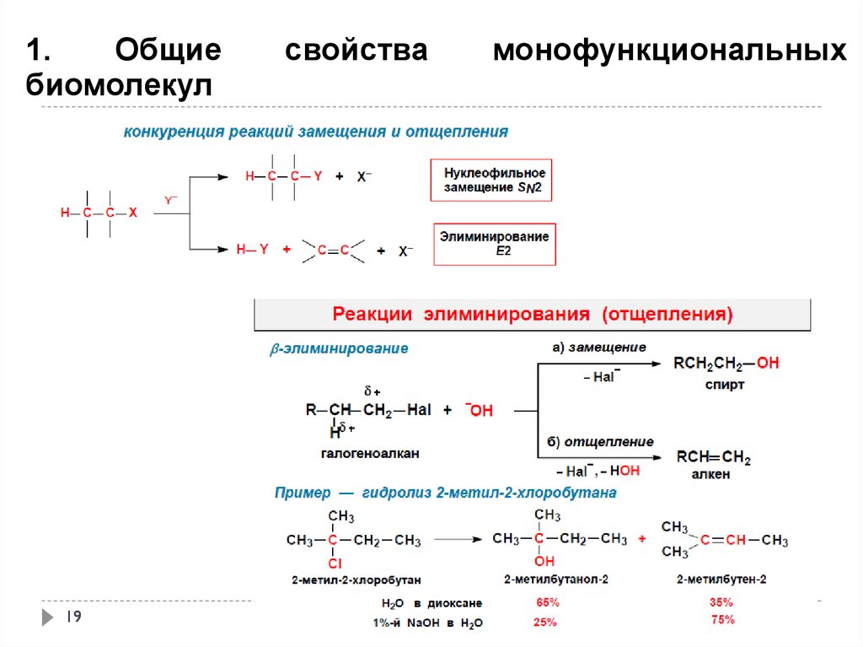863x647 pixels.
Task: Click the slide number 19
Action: pyautogui.click(x=73, y=617)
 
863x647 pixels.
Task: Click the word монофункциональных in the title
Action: pyautogui.click(x=670, y=51)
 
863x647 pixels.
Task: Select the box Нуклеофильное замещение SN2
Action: pyautogui.click(x=492, y=180)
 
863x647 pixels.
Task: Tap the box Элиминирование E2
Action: pyautogui.click(x=494, y=244)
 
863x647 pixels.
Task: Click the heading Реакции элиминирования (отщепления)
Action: pyautogui.click(x=533, y=315)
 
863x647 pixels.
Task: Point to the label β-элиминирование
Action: pyautogui.click(x=339, y=348)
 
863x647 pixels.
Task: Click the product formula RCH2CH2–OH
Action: pyautogui.click(x=726, y=364)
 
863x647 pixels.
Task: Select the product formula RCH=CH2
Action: pyautogui.click(x=713, y=458)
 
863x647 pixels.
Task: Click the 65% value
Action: pyautogui.click(x=546, y=603)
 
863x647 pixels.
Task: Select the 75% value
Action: pyautogui.click(x=722, y=620)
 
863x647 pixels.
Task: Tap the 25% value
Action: pyautogui.click(x=544, y=623)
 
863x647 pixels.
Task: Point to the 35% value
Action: pyautogui.click(x=721, y=603)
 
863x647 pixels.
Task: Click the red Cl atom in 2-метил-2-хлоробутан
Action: pyautogui.click(x=335, y=563)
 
